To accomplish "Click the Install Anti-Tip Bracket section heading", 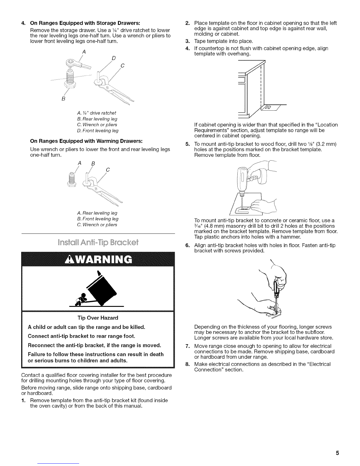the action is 98,242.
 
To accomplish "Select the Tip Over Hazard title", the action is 98,318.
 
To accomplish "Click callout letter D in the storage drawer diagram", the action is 114,58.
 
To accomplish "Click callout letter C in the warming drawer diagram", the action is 108,170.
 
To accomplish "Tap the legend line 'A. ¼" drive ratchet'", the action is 96,113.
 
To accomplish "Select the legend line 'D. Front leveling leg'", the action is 98,131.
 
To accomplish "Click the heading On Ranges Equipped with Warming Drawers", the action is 86,141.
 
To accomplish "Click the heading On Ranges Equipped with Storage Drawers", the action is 85,23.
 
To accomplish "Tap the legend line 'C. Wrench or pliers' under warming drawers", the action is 97,225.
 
